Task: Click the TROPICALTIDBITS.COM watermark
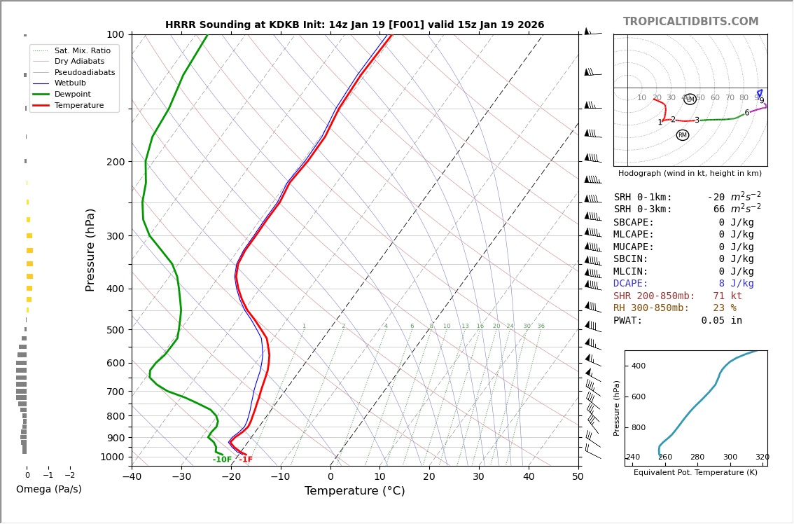(690, 22)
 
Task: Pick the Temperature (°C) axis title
(354, 491)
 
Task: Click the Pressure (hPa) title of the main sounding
(91, 249)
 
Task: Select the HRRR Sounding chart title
(354, 25)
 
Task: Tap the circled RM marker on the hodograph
(683, 135)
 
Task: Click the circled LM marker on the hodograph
(690, 99)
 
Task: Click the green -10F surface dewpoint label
(222, 460)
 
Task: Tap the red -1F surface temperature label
(246, 460)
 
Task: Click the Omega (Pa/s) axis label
(48, 489)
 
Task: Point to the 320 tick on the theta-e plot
(762, 457)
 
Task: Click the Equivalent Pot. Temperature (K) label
(695, 472)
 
